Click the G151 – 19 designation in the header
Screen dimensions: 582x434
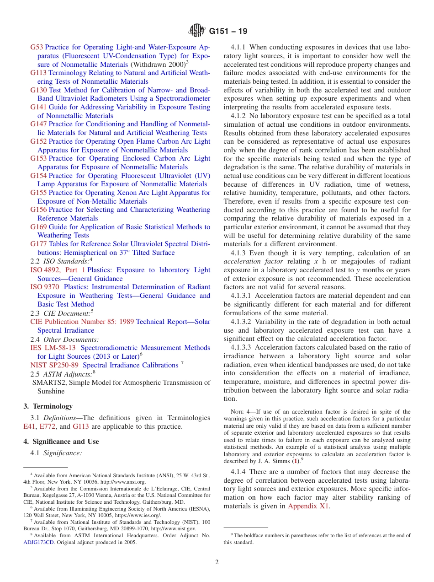tap(228, 32)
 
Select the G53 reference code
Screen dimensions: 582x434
tap(37, 47)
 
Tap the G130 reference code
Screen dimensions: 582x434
tap(38, 90)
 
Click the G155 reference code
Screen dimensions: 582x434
tap(38, 193)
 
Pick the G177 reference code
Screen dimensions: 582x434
tap(38, 244)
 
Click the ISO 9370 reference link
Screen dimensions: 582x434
tap(44, 287)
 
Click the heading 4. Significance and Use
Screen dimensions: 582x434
tap(61, 442)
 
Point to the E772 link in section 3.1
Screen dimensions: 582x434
tap(48, 426)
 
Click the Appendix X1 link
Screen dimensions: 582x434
tap(309, 506)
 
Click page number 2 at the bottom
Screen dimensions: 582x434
tap(217, 562)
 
